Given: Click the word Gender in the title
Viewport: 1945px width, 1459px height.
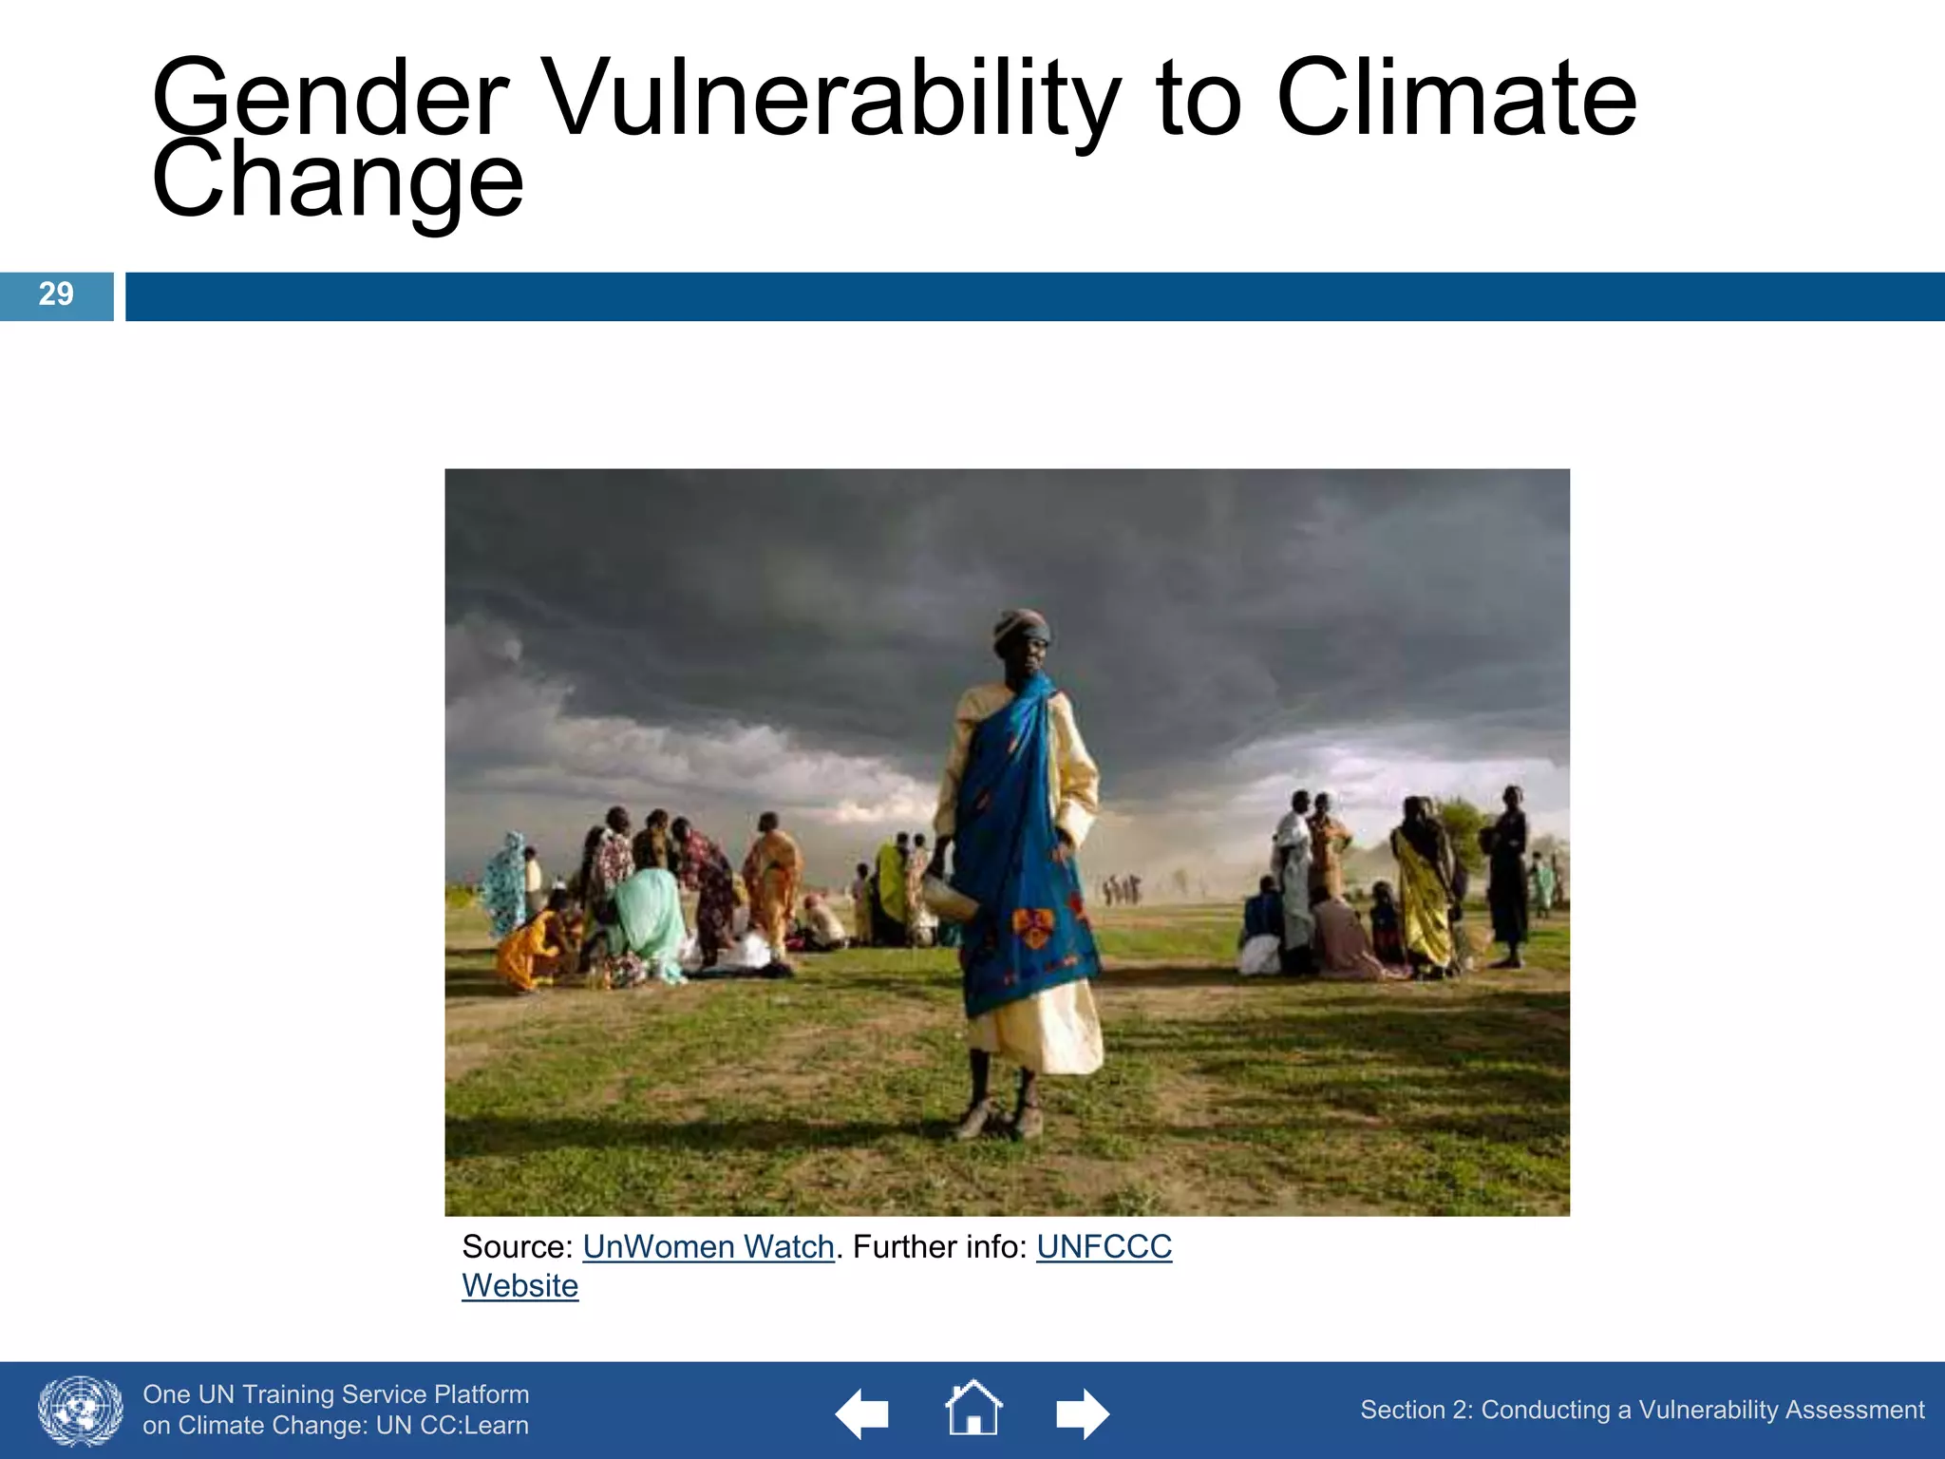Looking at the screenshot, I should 330,100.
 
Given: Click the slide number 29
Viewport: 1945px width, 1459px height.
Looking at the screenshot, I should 56,294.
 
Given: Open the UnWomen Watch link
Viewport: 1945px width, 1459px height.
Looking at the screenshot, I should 708,1246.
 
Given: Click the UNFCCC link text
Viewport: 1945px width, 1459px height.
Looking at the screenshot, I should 1104,1246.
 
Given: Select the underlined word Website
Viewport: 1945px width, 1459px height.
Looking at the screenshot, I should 519,1286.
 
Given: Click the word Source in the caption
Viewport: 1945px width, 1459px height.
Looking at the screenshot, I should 511,1246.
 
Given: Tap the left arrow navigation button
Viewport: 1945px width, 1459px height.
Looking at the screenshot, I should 861,1413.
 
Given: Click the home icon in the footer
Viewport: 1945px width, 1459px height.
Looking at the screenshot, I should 973,1409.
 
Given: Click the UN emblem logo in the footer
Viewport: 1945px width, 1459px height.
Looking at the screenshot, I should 80,1411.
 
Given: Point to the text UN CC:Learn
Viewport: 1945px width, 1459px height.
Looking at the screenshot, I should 452,1426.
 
